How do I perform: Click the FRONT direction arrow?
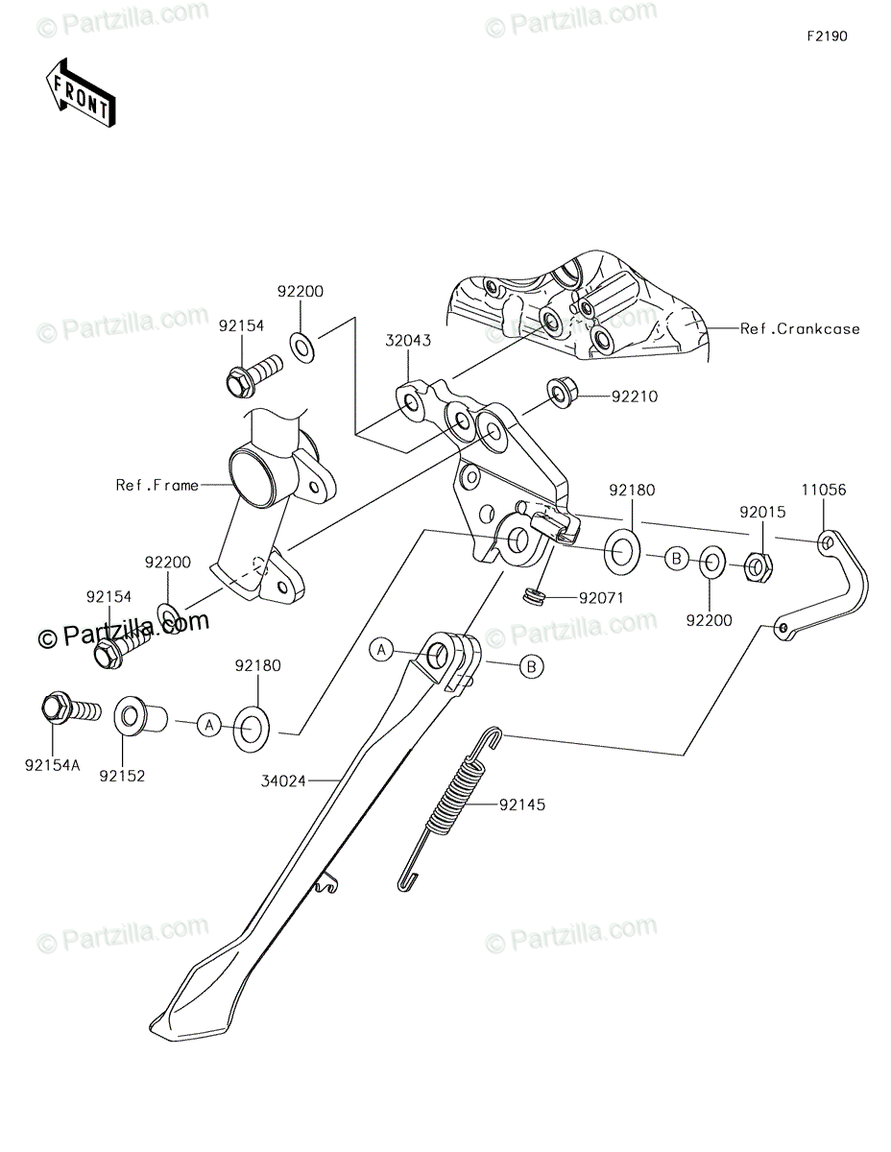pyautogui.click(x=81, y=93)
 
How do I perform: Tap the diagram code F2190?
pyautogui.click(x=827, y=37)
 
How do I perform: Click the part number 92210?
pyautogui.click(x=637, y=396)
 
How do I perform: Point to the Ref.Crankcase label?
pyautogui.click(x=800, y=328)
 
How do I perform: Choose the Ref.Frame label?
pyautogui.click(x=157, y=485)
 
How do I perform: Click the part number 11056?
pyautogui.click(x=825, y=490)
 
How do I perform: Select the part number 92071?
pyautogui.click(x=601, y=598)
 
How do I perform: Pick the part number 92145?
pyautogui.click(x=521, y=804)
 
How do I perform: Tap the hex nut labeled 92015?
pyautogui.click(x=758, y=568)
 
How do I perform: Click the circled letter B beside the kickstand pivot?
pyautogui.click(x=531, y=666)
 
